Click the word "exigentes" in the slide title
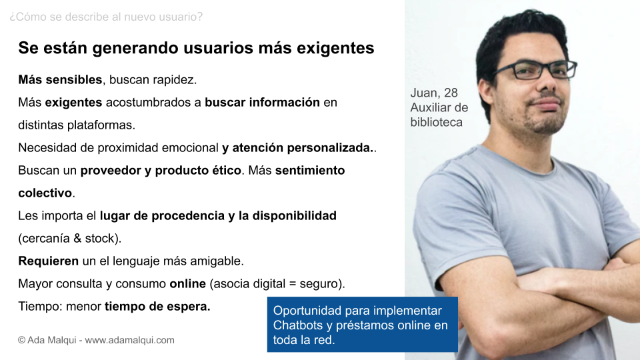click(335, 48)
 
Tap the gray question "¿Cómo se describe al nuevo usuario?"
click(106, 17)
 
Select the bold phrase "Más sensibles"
click(60, 79)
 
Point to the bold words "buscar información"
click(262, 102)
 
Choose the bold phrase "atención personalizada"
click(301, 147)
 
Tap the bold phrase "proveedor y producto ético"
click(161, 170)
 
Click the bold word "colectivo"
click(45, 193)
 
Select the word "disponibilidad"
click(294, 215)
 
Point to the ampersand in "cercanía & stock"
click(77, 239)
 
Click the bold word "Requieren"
click(49, 261)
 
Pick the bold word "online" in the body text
click(188, 284)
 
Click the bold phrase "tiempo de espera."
click(157, 306)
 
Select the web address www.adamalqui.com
click(129, 340)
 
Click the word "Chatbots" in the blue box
click(298, 325)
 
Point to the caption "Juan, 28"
click(434, 93)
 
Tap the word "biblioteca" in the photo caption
click(436, 123)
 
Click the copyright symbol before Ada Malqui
click(21, 340)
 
